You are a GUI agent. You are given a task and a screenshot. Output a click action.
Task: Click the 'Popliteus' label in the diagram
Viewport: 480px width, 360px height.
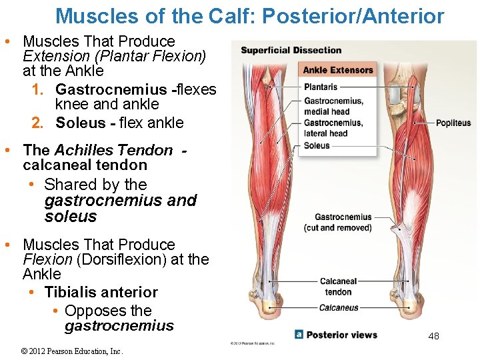[453, 123]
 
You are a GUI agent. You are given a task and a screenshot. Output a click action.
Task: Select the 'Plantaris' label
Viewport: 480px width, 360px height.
[321, 87]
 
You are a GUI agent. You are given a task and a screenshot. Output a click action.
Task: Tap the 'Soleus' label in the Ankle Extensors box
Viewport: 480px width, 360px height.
[317, 145]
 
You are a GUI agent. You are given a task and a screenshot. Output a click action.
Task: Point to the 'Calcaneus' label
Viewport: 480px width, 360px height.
[339, 308]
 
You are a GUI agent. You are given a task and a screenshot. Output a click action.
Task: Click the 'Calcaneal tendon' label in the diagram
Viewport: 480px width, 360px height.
[338, 287]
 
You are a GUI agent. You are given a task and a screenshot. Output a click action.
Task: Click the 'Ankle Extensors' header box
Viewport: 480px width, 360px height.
[338, 70]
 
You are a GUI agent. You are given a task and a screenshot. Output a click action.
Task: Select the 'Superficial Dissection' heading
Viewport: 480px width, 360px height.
[291, 51]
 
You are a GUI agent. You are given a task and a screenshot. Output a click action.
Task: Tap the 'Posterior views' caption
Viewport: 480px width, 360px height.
[341, 335]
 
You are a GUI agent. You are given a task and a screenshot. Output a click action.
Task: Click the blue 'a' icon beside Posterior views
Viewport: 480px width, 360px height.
[299, 335]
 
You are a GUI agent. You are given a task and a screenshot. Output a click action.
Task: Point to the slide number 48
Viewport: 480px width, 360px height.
[433, 337]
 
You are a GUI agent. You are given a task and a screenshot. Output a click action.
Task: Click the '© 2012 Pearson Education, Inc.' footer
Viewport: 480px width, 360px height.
[73, 351]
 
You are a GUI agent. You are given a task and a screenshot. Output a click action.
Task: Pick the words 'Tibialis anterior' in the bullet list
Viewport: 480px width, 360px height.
[101, 292]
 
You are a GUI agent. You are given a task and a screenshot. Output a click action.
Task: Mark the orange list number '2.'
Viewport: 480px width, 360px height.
[38, 123]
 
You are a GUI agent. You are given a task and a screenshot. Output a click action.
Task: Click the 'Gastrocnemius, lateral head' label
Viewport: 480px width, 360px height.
[333, 128]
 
